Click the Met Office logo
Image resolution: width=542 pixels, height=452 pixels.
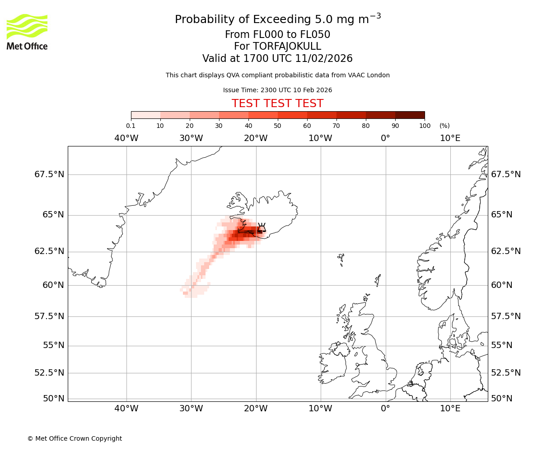click(27, 32)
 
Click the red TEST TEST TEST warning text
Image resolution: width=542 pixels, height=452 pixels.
click(277, 104)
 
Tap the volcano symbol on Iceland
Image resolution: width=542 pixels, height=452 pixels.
click(261, 227)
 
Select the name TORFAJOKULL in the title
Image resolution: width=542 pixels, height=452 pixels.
click(277, 47)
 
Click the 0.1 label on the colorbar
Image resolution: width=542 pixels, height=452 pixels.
click(131, 126)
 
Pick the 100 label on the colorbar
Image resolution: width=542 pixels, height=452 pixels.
click(425, 126)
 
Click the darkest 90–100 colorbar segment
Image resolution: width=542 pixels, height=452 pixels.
click(410, 115)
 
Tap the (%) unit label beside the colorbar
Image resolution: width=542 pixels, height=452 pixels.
click(444, 126)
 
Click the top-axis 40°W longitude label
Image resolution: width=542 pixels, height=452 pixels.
click(126, 138)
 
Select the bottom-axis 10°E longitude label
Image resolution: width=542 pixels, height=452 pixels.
click(450, 409)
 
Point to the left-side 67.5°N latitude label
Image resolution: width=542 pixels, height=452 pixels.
click(49, 174)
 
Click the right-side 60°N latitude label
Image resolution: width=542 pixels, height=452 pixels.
click(502, 285)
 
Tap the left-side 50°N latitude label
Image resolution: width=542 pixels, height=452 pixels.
click(53, 399)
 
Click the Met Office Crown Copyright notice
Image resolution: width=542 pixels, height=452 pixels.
click(75, 438)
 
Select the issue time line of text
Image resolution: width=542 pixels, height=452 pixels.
click(277, 90)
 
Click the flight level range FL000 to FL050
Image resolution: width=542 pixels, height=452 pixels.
click(277, 35)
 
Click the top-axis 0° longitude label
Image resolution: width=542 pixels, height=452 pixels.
click(385, 138)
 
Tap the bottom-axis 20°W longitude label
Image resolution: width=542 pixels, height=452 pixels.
click(256, 409)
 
